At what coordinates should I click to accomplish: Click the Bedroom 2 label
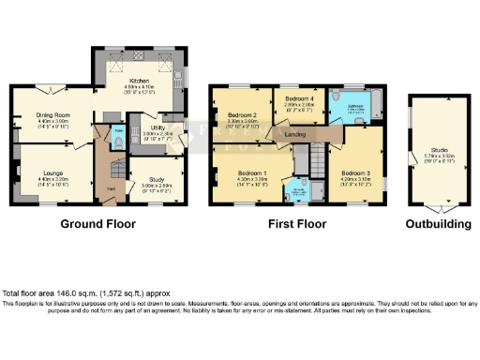click(x=244, y=115)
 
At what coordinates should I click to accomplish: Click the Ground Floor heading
click(x=98, y=225)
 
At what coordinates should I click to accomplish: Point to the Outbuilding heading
click(x=438, y=225)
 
